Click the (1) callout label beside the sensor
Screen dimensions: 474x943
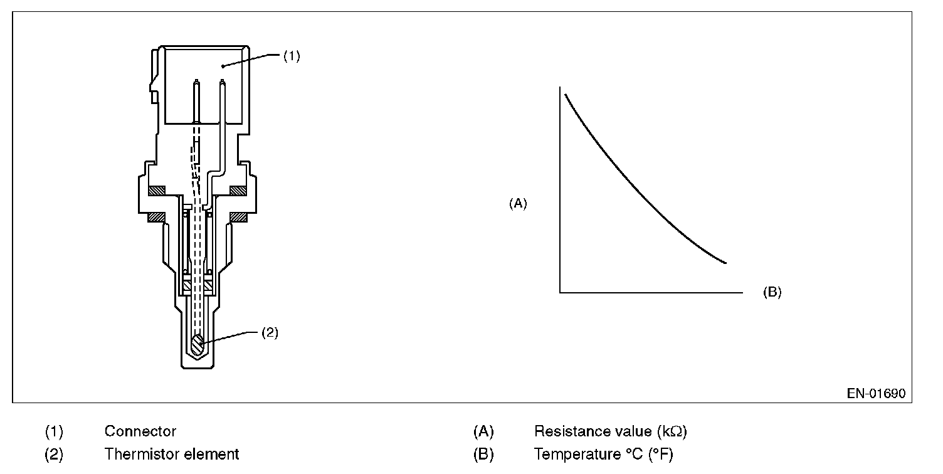coord(292,56)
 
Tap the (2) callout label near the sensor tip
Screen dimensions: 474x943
coord(269,333)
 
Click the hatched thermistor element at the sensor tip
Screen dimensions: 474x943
coord(198,344)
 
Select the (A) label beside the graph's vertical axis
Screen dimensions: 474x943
coord(518,203)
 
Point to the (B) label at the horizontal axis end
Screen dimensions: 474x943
coord(772,292)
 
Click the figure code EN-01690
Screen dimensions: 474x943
coord(876,394)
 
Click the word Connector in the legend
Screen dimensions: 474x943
coord(140,431)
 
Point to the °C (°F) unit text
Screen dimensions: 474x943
coord(649,454)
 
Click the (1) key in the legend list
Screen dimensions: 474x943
coord(54,431)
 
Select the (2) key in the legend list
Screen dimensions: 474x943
coord(54,454)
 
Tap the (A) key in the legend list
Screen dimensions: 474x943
coord(483,431)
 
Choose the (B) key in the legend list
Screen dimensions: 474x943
coord(483,454)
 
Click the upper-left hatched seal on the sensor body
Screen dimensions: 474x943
coord(155,190)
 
